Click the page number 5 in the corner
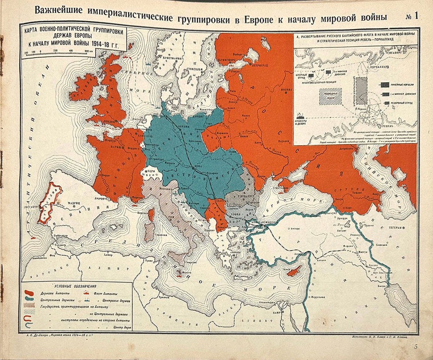(x=416, y=346)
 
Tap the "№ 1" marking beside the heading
(x=411, y=16)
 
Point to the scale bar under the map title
(x=59, y=51)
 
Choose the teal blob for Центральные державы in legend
(x=29, y=299)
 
